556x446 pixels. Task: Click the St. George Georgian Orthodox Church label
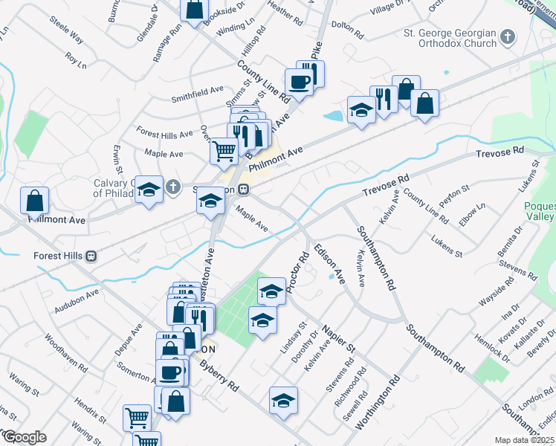click(x=450, y=38)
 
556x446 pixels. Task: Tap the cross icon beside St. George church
click(x=508, y=36)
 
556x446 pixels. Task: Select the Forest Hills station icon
click(x=91, y=256)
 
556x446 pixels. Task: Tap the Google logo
click(x=24, y=436)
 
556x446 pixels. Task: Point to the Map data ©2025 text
click(x=525, y=440)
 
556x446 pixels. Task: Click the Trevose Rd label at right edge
click(x=500, y=152)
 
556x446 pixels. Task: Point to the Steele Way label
click(x=67, y=37)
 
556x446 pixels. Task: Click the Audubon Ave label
click(x=76, y=300)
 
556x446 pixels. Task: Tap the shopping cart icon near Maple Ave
click(x=224, y=151)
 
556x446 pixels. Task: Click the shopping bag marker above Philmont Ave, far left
click(x=35, y=200)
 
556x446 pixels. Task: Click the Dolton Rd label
click(x=346, y=30)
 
